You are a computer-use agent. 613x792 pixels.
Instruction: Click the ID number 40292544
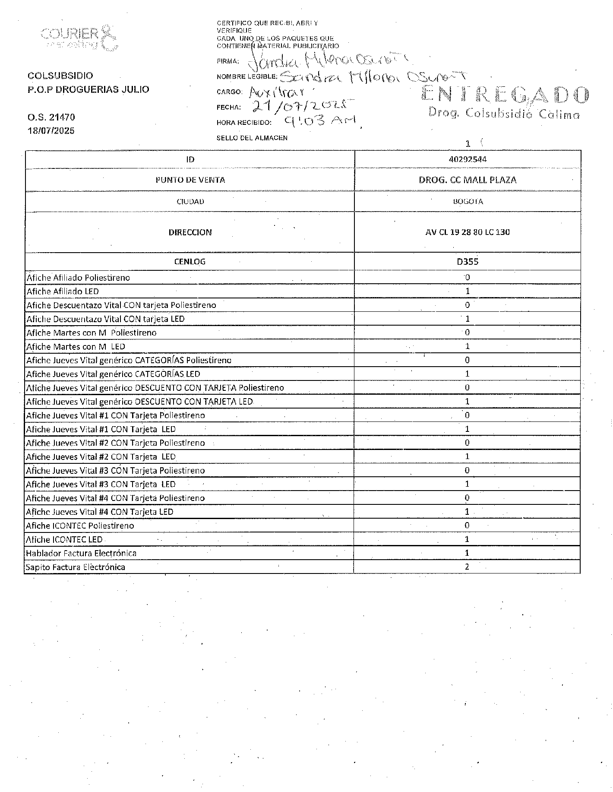(x=468, y=159)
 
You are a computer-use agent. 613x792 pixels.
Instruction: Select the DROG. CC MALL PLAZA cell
(x=468, y=180)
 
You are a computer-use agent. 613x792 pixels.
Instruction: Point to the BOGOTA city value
(x=468, y=201)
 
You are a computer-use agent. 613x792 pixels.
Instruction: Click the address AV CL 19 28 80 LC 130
(x=468, y=232)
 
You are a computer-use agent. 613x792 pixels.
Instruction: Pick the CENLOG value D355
(x=468, y=261)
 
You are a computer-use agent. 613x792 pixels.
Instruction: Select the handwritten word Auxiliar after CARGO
(x=277, y=92)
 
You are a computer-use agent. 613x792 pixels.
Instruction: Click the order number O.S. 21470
(x=51, y=117)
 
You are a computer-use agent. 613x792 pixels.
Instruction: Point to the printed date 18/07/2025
(x=51, y=130)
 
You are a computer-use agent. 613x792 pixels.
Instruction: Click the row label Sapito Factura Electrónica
(x=75, y=567)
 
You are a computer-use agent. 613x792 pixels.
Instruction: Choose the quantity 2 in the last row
(x=467, y=567)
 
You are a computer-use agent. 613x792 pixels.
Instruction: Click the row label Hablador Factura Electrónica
(x=81, y=553)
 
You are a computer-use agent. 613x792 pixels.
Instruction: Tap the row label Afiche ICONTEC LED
(x=64, y=539)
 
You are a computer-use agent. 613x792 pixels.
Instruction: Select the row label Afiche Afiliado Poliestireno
(x=78, y=278)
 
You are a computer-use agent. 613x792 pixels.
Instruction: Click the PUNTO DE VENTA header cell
(x=190, y=180)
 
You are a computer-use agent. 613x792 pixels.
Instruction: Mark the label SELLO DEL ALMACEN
(x=252, y=138)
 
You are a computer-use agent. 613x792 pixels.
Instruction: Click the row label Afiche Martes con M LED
(x=76, y=346)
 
